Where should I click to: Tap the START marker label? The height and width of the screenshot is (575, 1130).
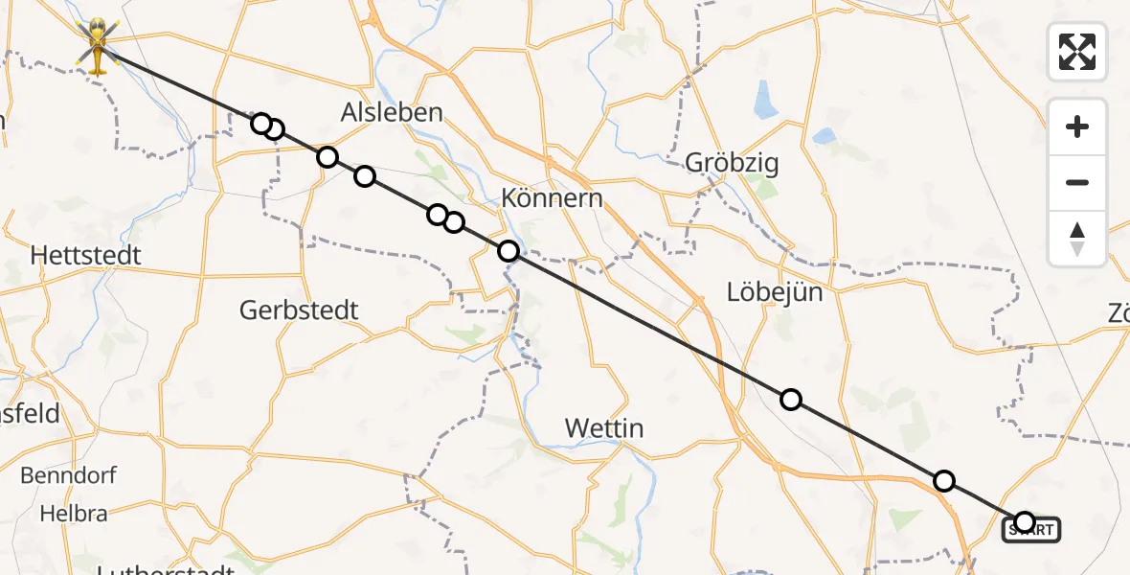(1031, 529)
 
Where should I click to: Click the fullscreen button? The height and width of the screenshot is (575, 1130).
(1077, 51)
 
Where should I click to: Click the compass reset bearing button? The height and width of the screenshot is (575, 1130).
(1077, 239)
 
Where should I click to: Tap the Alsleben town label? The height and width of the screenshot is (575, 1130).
(392, 112)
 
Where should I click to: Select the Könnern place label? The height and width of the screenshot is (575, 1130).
(553, 198)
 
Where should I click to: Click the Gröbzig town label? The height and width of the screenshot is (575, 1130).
(732, 163)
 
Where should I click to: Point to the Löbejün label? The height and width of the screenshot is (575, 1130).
(775, 291)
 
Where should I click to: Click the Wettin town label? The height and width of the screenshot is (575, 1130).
(604, 427)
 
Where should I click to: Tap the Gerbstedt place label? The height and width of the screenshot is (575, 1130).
(299, 310)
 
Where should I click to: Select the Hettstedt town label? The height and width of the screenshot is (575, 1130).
(86, 255)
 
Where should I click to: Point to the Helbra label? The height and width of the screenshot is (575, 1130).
(74, 514)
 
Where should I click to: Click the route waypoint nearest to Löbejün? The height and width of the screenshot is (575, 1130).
(790, 400)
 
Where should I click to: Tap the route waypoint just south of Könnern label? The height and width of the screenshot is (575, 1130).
(508, 251)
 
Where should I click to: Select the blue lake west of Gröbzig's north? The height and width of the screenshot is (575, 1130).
(766, 99)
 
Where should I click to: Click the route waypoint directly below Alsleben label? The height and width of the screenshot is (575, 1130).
(365, 176)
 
